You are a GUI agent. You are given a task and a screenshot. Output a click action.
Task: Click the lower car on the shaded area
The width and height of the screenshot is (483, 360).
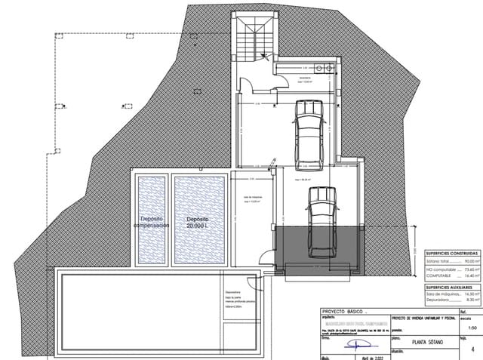[321, 226]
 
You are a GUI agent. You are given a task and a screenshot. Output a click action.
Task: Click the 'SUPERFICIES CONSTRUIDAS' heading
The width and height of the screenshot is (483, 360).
[450, 252]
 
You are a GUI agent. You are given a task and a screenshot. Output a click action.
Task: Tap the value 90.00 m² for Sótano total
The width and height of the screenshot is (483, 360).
[469, 260]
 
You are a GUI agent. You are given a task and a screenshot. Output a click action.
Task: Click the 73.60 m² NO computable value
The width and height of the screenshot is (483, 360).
[469, 269]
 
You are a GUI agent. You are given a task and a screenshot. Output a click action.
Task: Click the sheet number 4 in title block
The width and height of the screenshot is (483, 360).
[472, 349]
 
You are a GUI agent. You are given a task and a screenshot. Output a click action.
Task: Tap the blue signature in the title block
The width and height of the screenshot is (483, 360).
[351, 341]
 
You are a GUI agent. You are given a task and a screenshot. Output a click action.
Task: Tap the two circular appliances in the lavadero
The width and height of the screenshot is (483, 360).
[325, 70]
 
